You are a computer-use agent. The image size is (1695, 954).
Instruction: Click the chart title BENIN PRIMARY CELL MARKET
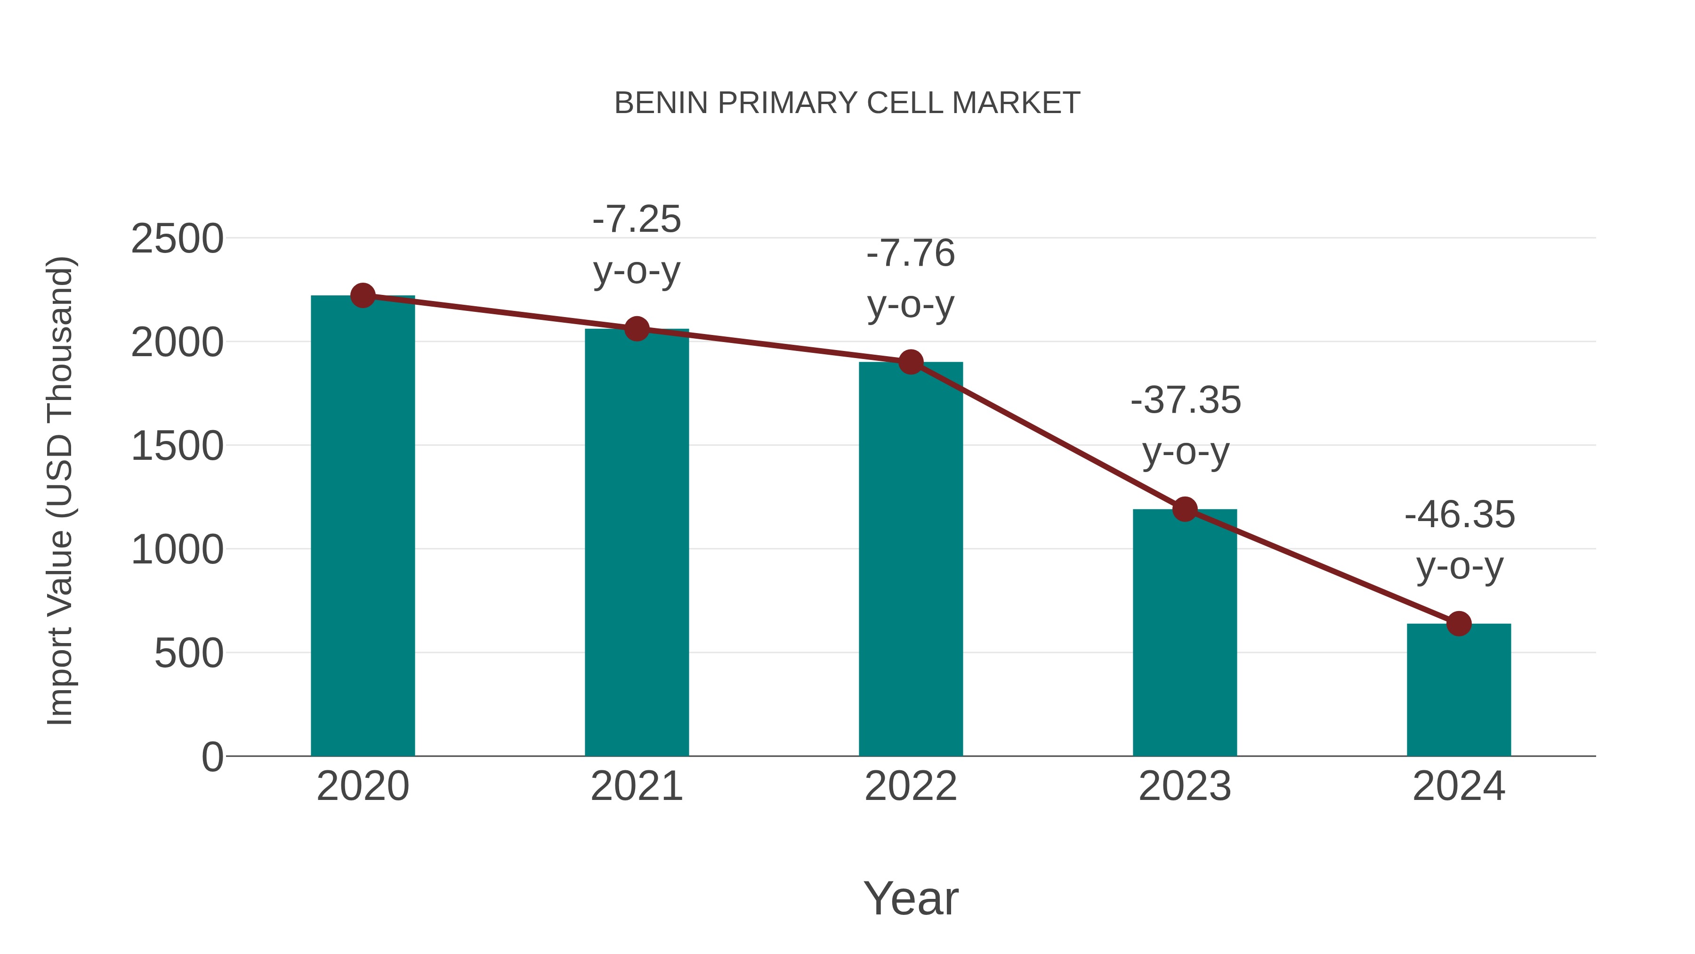pos(847,103)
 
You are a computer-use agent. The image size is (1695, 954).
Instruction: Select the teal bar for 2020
pos(363,527)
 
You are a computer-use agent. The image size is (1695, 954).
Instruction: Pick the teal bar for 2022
pos(911,560)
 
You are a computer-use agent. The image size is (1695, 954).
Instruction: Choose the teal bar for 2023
pos(1185,632)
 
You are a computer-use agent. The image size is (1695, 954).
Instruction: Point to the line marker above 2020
pos(363,295)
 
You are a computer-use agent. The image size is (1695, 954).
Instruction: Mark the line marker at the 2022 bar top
pos(911,361)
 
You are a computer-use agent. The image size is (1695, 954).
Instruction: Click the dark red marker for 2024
pos(1459,623)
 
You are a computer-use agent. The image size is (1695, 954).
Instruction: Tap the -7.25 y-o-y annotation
pos(636,245)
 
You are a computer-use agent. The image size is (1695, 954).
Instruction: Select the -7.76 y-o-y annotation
pos(911,279)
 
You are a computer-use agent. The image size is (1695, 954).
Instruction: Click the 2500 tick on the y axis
pos(177,239)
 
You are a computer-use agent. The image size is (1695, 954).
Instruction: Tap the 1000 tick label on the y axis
pos(177,550)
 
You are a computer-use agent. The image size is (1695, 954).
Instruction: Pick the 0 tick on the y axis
pos(212,757)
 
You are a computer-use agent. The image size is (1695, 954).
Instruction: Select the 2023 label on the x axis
pos(1185,786)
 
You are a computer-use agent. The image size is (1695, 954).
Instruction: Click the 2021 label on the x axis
pos(636,786)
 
